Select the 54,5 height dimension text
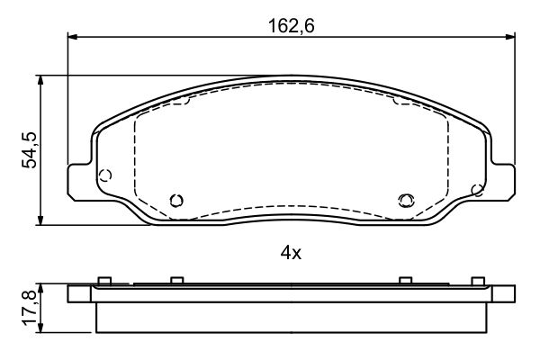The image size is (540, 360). [29, 149]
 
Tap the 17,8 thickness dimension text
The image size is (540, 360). [29, 308]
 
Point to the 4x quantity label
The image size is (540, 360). [290, 253]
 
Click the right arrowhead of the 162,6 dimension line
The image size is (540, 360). [510, 37]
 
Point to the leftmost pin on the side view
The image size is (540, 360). [104, 281]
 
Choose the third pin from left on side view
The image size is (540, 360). [406, 281]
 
